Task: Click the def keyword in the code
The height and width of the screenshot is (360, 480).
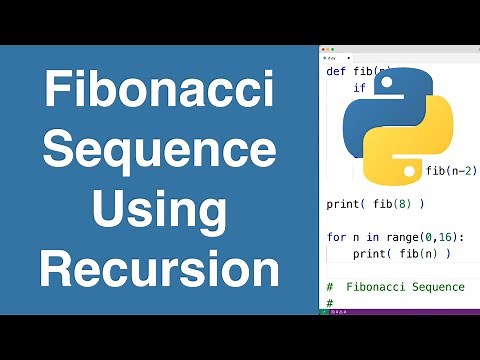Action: (336, 71)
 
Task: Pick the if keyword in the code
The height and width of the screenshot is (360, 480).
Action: (358, 88)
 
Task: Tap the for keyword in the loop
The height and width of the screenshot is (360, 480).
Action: (336, 237)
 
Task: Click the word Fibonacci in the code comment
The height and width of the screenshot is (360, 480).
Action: (376, 287)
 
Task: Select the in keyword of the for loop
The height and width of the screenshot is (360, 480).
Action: (375, 237)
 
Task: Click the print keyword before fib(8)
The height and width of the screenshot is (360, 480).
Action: (344, 204)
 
